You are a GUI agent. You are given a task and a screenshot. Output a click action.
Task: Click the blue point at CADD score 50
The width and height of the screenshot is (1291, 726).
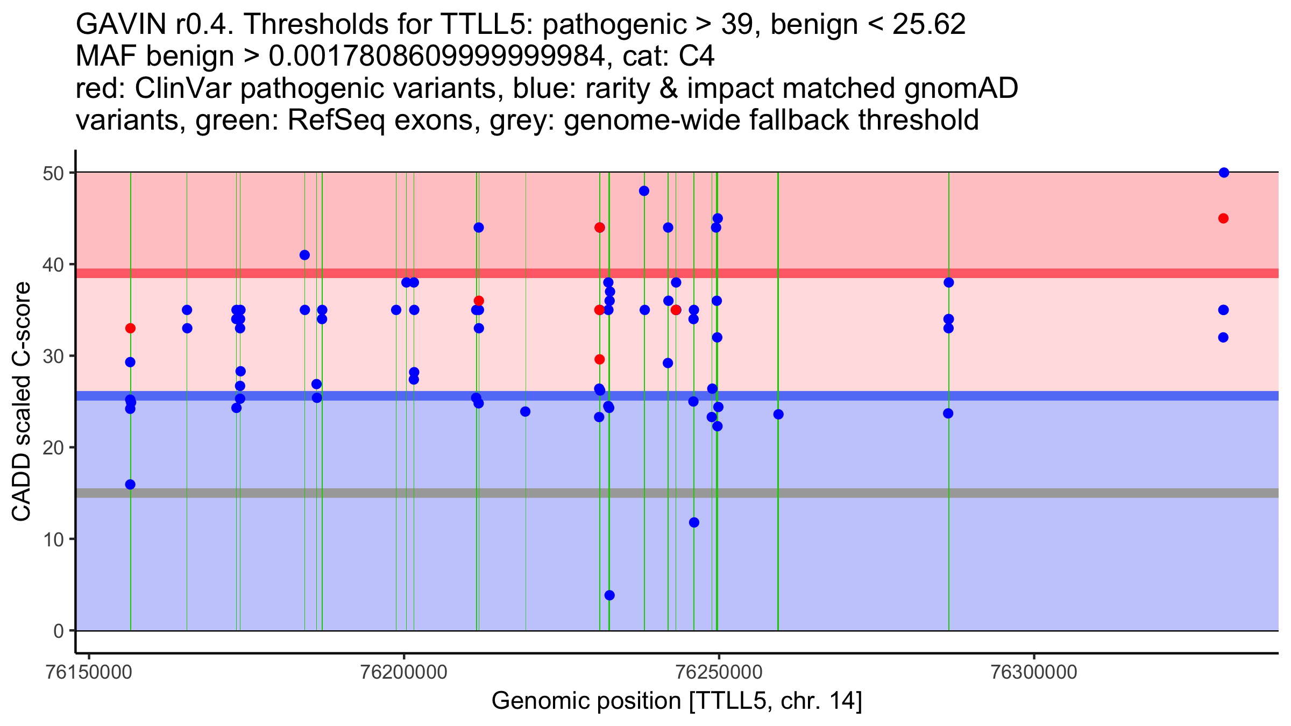tap(1224, 173)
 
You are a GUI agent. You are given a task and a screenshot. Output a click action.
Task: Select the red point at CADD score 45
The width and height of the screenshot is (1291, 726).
tap(1223, 218)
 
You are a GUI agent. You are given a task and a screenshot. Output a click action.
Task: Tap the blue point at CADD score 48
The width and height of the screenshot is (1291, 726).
tap(644, 191)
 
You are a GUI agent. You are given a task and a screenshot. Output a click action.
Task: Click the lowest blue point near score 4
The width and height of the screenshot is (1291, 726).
tap(609, 595)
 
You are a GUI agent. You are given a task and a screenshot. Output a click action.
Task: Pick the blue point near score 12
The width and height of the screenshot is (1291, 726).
tap(694, 522)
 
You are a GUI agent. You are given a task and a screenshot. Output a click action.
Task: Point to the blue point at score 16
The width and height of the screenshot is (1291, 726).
tap(130, 485)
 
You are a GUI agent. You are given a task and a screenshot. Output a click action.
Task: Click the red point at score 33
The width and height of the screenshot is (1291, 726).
tap(130, 328)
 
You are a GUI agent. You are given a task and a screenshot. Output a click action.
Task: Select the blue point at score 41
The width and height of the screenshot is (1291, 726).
tap(304, 255)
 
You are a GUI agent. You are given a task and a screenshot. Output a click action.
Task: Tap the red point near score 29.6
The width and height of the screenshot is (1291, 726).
tap(600, 359)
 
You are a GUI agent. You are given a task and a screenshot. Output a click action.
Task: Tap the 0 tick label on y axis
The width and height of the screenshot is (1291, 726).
tap(58, 631)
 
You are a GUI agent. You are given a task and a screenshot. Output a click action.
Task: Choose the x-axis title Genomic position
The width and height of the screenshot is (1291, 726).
tap(677, 701)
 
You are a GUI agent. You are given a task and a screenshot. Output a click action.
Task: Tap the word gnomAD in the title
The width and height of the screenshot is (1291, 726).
tap(961, 88)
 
